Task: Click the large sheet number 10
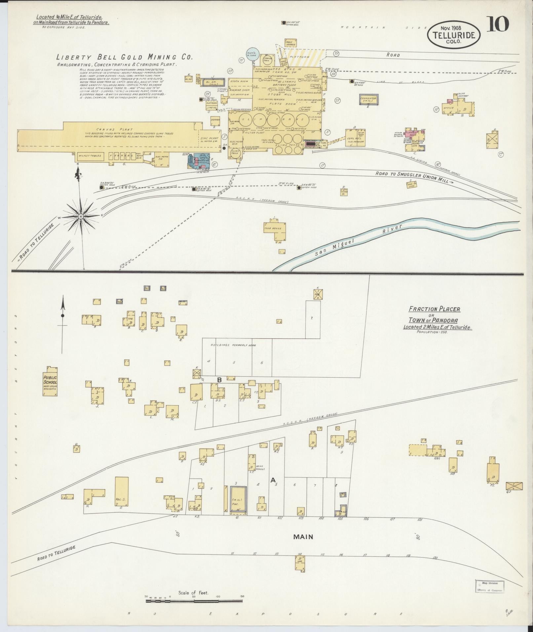tap(497, 24)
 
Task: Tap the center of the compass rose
tap(80, 216)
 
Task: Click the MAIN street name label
tap(303, 537)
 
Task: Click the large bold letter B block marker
tap(219, 380)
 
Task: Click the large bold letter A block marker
tap(273, 480)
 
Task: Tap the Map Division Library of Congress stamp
tap(490, 586)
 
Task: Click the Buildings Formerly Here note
tap(233, 345)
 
